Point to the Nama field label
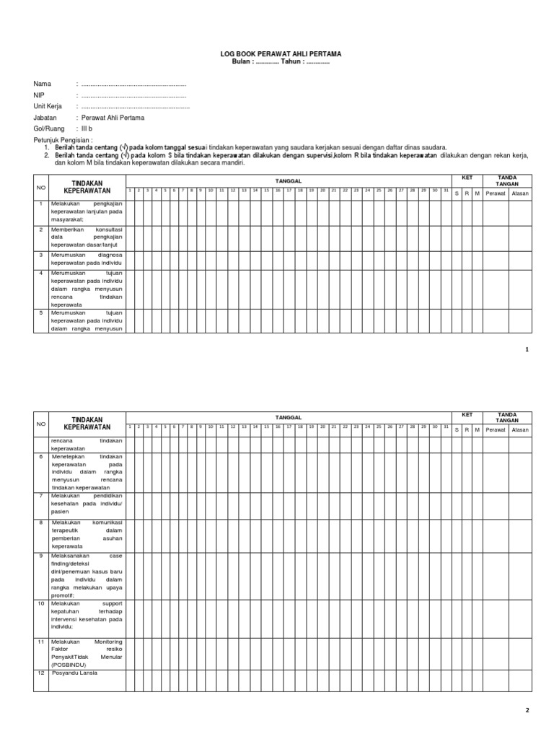tap(43, 84)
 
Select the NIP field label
tap(39, 95)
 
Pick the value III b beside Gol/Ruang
tap(89, 128)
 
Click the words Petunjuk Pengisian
tap(63, 139)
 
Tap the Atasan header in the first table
tap(519, 193)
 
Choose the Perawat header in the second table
tap(495, 429)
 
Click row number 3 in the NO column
tap(42, 255)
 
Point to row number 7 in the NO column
tap(42, 497)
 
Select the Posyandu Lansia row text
tap(74, 673)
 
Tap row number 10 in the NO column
tap(42, 602)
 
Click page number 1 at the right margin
tap(527, 349)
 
